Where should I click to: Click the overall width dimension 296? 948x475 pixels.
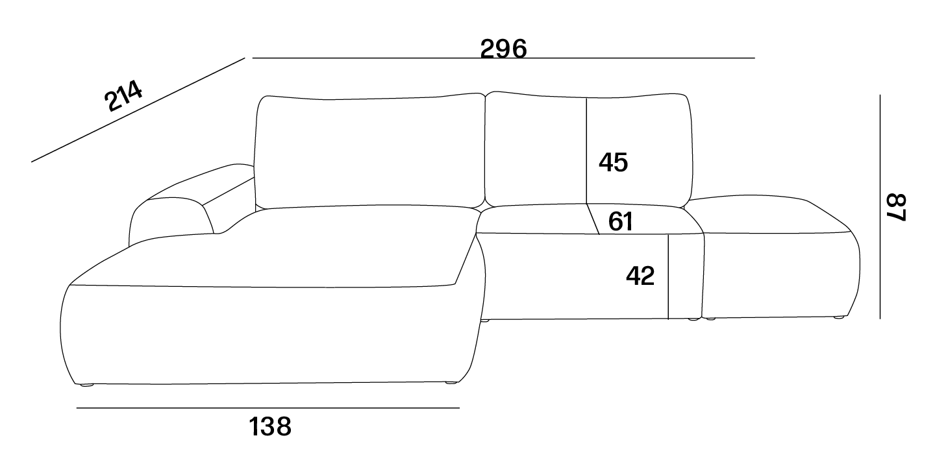[x=503, y=49]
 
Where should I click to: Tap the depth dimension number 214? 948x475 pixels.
[x=123, y=95]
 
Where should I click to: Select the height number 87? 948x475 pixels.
[x=897, y=207]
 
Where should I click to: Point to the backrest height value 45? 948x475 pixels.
[x=613, y=162]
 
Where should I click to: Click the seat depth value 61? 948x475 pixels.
[x=621, y=221]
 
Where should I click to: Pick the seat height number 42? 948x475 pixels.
[x=640, y=276]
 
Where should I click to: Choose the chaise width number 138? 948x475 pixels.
[x=270, y=426]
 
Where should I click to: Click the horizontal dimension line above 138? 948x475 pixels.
[x=268, y=408]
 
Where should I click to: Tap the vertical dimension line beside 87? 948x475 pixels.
[x=880, y=207]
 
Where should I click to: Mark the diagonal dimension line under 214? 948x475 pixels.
[x=138, y=110]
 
